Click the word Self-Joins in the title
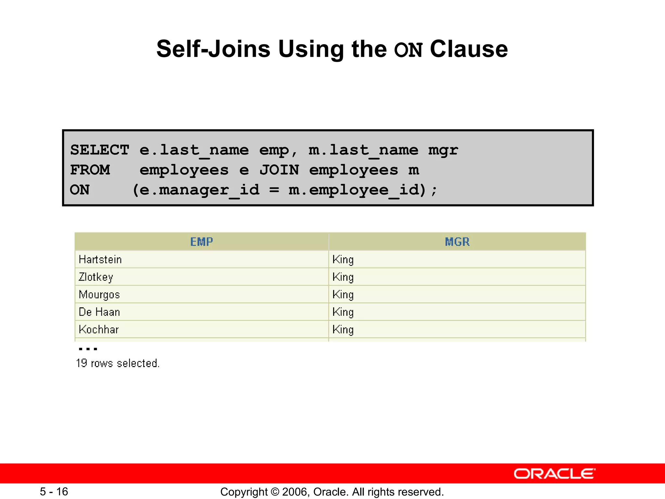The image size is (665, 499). (213, 49)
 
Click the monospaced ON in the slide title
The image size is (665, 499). (408, 50)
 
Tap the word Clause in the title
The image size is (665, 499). (469, 49)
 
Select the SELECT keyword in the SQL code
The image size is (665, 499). (100, 150)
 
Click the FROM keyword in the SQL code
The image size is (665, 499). (90, 170)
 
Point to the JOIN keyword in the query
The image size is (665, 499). (279, 170)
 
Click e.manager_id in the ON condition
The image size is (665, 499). (199, 190)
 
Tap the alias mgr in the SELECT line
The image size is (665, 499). (443, 150)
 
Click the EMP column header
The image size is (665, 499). (202, 242)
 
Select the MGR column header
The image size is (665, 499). (457, 242)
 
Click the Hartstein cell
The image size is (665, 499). (100, 259)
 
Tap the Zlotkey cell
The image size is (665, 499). (96, 277)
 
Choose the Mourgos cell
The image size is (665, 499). (99, 294)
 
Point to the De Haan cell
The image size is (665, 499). (99, 312)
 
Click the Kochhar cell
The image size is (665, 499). (99, 329)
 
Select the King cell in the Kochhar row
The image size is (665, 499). (343, 329)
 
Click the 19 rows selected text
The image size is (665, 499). (118, 363)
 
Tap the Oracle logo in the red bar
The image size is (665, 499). (554, 474)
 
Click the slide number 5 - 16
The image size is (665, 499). (54, 492)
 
